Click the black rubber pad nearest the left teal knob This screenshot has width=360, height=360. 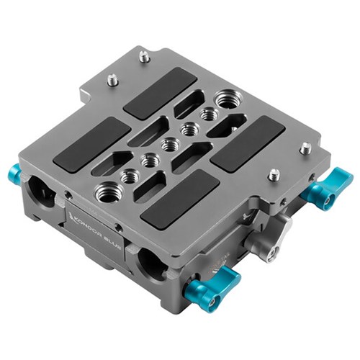click(91, 144)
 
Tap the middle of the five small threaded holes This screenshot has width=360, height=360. click(171, 144)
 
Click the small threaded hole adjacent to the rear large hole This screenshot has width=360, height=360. click(210, 114)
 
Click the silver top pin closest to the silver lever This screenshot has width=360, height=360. click(274, 174)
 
